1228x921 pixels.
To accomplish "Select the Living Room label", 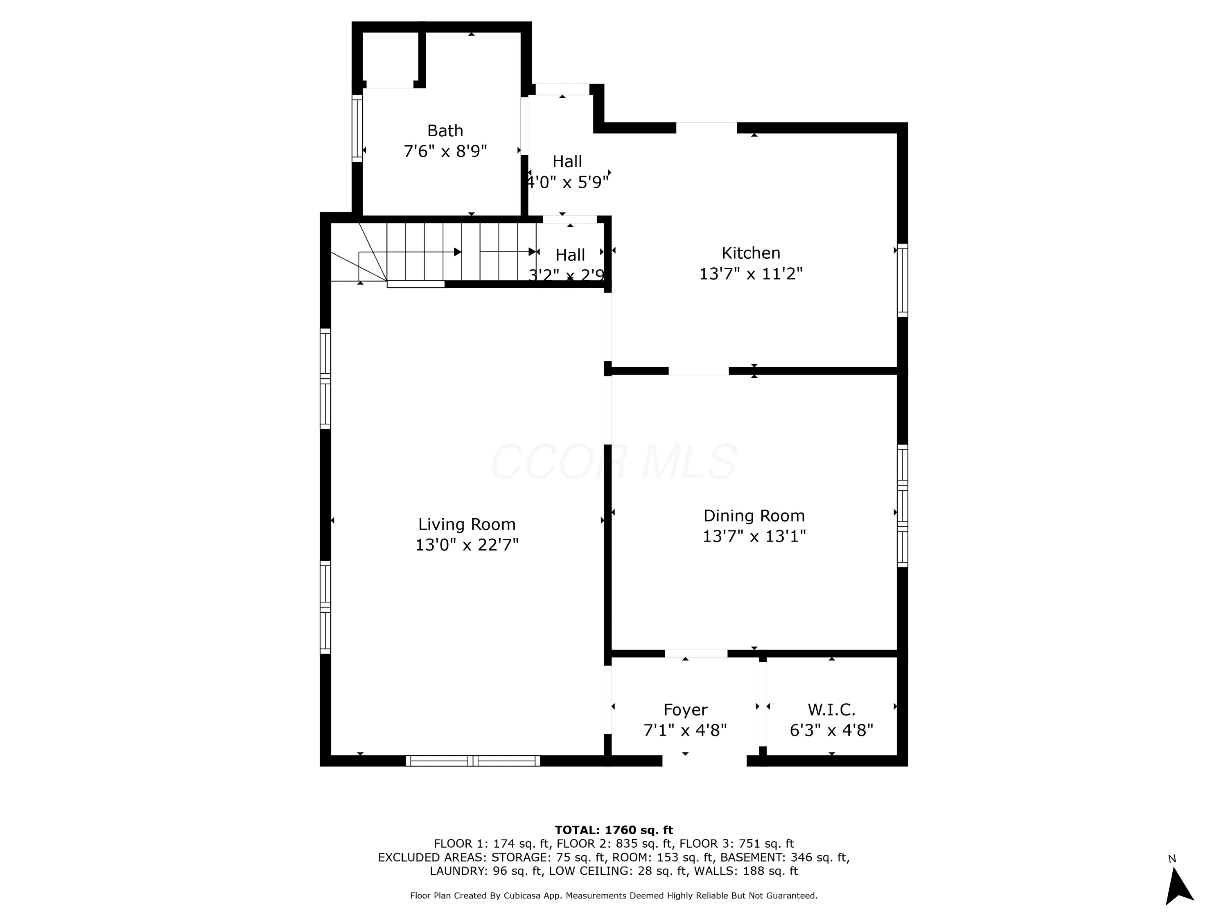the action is [467, 525].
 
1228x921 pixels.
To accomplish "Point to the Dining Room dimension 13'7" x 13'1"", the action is [754, 536].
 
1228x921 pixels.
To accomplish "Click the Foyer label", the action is [685, 710].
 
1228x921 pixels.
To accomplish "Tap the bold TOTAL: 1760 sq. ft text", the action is [614, 830].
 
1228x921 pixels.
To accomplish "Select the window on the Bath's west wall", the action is [357, 128].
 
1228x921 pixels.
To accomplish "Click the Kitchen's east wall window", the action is [903, 280].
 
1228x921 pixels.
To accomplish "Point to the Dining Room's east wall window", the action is [903, 506].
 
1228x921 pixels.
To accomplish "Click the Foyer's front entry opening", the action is [704, 761].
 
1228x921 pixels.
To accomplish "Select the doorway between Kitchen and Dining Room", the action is [698, 371].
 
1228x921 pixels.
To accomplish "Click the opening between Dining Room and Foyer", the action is [696, 653].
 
